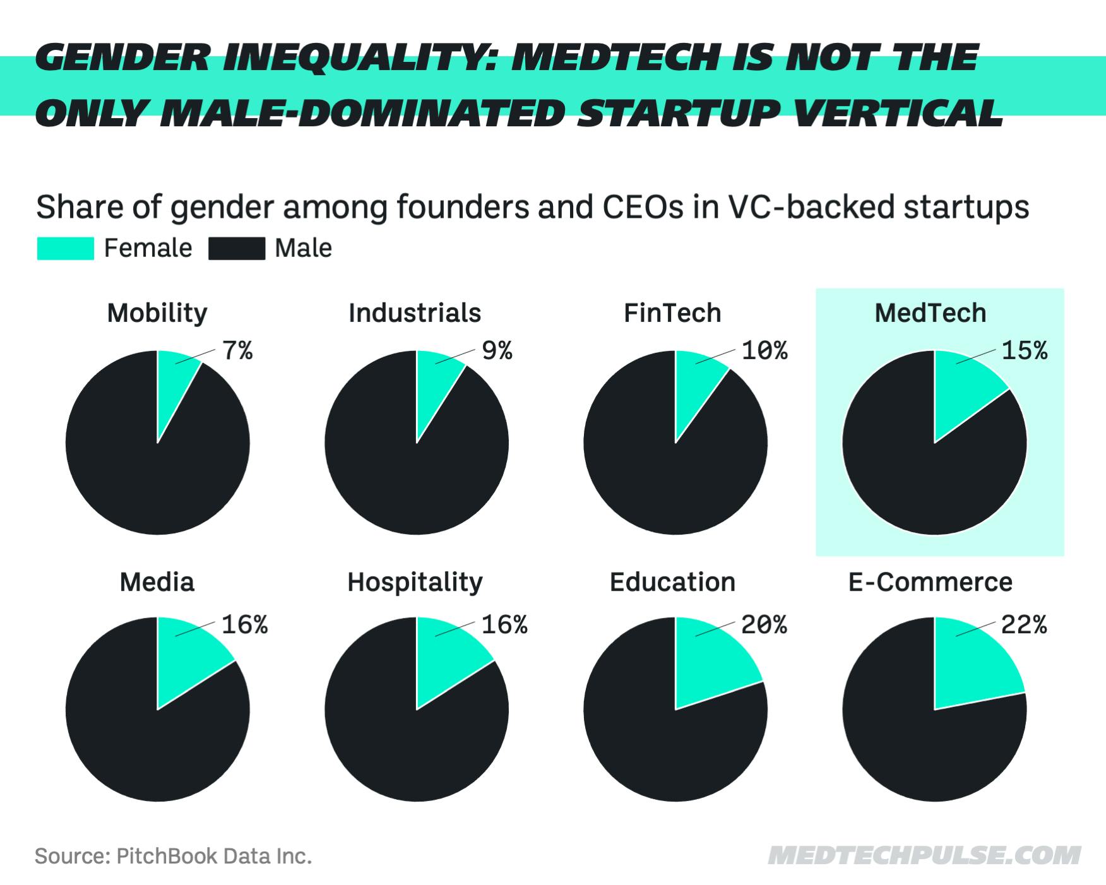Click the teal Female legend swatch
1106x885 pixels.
coord(65,248)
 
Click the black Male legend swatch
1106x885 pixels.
coord(237,248)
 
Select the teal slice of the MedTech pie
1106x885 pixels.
coord(963,391)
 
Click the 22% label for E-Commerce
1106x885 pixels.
coord(1024,625)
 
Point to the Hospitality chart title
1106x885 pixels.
coord(415,582)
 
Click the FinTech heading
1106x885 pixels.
coord(672,313)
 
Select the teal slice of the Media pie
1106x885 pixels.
coord(188,660)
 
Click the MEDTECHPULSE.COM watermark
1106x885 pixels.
coord(924,856)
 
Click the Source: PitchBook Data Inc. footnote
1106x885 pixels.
coord(173,857)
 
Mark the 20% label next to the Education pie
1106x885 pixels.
coord(764,625)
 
